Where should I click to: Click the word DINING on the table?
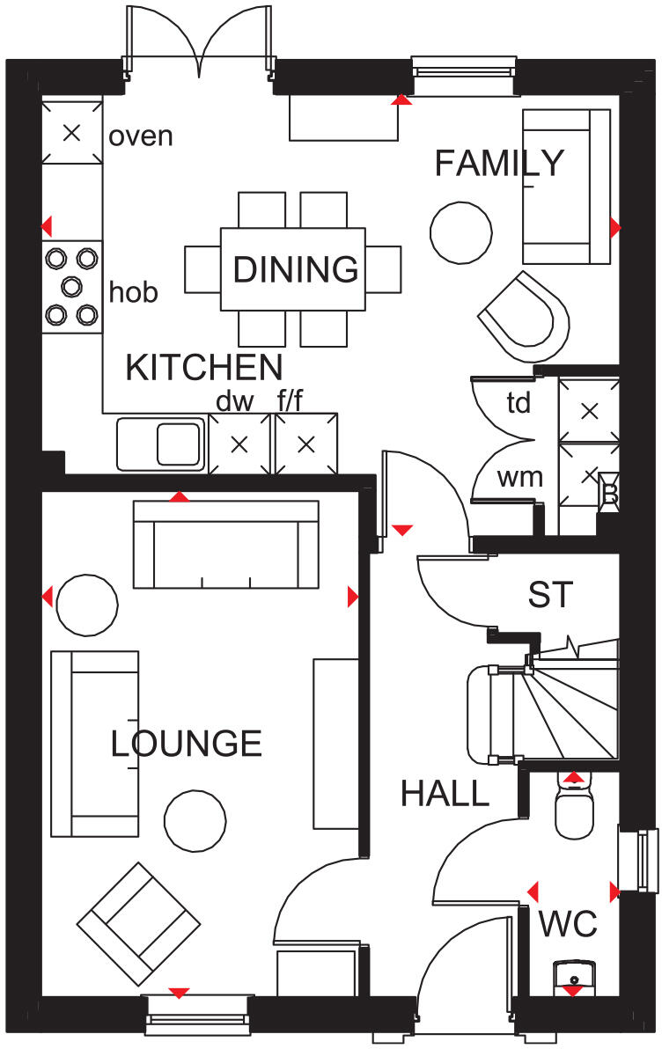[x=295, y=268]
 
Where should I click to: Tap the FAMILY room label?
[x=499, y=164]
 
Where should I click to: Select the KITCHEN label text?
[x=203, y=367]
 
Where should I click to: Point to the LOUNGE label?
[x=187, y=744]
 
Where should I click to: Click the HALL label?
[x=445, y=794]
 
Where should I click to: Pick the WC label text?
[x=568, y=925]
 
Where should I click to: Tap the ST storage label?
[x=550, y=595]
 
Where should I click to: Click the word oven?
[x=141, y=136]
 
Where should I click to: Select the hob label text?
[x=134, y=292]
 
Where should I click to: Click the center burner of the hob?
[x=71, y=285]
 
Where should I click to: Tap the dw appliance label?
[x=235, y=402]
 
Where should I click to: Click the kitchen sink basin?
[x=179, y=443]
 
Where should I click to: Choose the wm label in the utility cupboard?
[x=519, y=478]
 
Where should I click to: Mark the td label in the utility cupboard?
[x=519, y=404]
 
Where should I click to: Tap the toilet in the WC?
[x=577, y=811]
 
